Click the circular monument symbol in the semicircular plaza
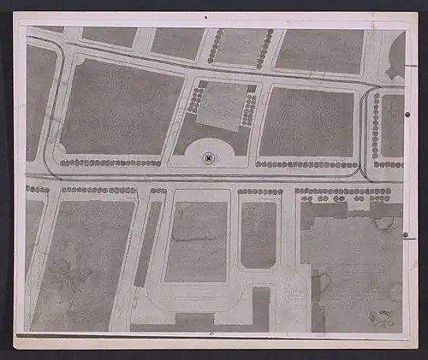click(x=208, y=158)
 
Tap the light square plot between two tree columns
click(x=221, y=106)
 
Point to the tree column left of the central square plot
click(x=196, y=100)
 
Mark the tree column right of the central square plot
click(x=249, y=109)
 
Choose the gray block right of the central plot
click(x=306, y=121)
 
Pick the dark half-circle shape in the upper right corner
click(x=396, y=56)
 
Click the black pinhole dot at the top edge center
click(x=205, y=15)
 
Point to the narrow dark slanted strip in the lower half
click(x=147, y=244)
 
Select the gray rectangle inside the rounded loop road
click(x=196, y=242)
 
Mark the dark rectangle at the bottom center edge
click(x=261, y=310)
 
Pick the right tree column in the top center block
click(x=265, y=48)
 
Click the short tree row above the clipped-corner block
click(x=259, y=192)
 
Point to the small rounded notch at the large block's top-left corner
click(x=80, y=61)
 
